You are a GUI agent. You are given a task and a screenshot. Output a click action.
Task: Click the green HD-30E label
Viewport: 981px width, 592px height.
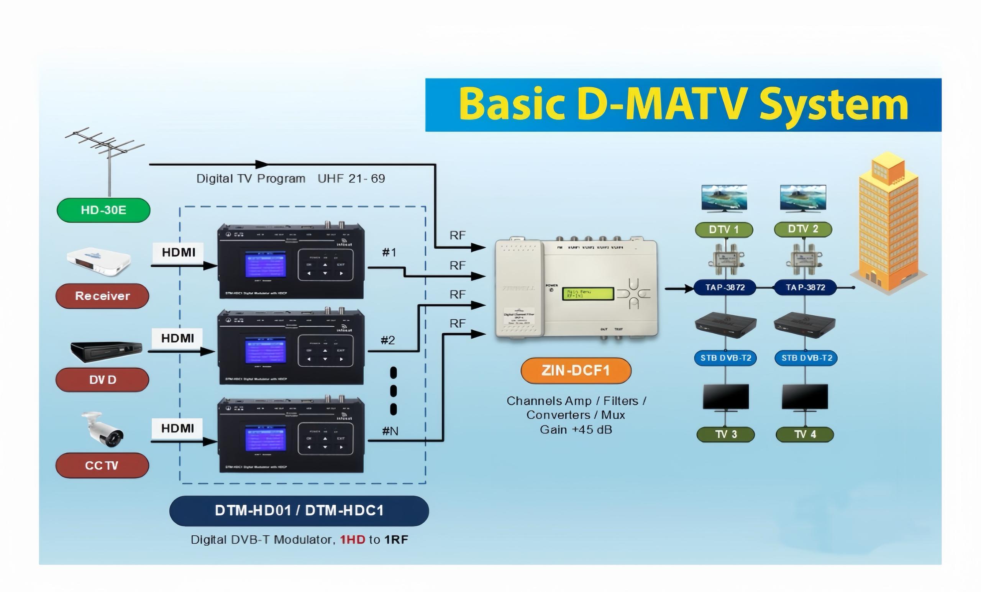tap(103, 210)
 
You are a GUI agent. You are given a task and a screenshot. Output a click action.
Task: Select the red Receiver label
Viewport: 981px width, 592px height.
tap(102, 296)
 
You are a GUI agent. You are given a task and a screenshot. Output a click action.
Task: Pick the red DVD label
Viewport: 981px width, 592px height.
tap(102, 380)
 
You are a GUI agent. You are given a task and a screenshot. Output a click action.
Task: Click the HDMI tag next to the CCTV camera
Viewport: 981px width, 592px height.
tap(177, 428)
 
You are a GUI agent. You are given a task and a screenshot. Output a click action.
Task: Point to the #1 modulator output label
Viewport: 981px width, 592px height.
tap(389, 253)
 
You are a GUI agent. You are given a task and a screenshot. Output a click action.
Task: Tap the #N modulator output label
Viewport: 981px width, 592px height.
tap(390, 431)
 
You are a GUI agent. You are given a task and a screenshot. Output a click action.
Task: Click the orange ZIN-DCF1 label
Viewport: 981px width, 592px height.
tap(576, 371)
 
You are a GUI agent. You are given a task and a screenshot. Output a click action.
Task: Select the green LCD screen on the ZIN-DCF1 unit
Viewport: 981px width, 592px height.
tap(588, 294)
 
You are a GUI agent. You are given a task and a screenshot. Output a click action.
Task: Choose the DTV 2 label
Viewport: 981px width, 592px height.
tap(803, 229)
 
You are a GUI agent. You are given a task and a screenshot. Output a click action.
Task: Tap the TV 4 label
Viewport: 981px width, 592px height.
tap(805, 435)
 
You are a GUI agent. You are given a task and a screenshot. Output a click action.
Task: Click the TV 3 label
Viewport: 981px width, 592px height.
tap(725, 435)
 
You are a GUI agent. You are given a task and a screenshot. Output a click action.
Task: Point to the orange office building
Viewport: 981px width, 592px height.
tap(889, 223)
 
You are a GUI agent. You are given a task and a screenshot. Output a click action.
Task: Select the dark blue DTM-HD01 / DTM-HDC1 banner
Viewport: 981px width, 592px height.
tap(299, 510)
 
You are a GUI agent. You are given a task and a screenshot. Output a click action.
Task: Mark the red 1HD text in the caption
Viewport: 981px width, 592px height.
tap(352, 540)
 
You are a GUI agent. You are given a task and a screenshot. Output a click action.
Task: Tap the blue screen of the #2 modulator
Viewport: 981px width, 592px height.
tap(265, 350)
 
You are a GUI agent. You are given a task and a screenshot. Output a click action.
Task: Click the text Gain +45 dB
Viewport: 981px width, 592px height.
tap(576, 430)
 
